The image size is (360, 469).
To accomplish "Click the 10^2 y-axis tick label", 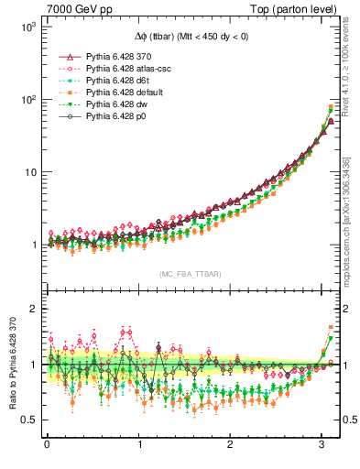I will (27, 100).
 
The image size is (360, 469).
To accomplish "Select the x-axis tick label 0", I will (47, 446).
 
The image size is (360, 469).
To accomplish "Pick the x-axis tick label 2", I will (231, 446).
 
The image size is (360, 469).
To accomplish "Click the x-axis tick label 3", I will (323, 446).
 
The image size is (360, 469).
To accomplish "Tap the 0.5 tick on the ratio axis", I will (27, 420).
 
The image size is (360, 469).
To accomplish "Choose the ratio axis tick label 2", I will (31, 309).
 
